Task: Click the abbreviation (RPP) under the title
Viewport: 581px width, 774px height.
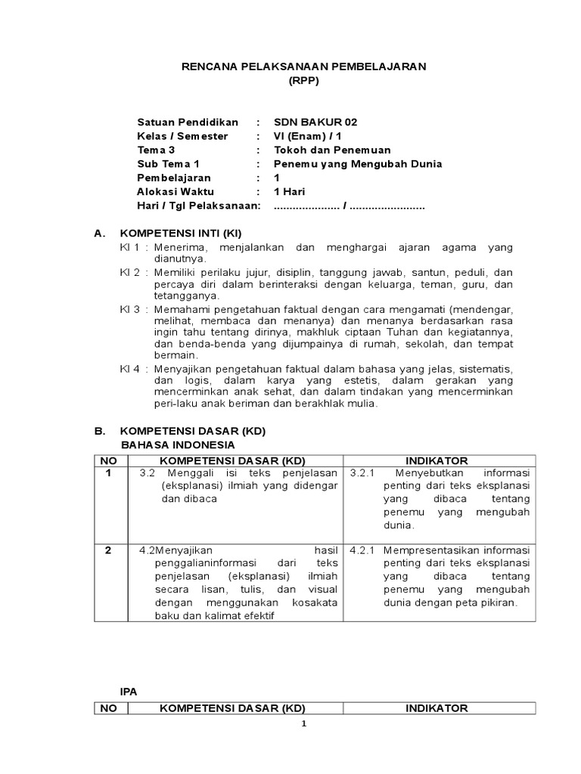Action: pyautogui.click(x=304, y=81)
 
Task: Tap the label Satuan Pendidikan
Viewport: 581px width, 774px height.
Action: pyautogui.click(x=188, y=122)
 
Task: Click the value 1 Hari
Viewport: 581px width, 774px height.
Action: pyautogui.click(x=289, y=191)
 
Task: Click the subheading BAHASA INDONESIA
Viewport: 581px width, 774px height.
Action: pyautogui.click(x=178, y=444)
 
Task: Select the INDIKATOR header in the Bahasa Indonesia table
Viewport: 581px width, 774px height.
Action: pyautogui.click(x=437, y=460)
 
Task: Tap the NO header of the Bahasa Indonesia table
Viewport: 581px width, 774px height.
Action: pyautogui.click(x=109, y=460)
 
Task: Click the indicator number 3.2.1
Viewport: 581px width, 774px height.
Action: pyautogui.click(x=364, y=474)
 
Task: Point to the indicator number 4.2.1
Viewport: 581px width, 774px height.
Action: pyautogui.click(x=364, y=550)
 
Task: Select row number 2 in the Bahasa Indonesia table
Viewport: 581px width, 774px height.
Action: pyautogui.click(x=109, y=550)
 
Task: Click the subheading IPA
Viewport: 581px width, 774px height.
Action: pyautogui.click(x=130, y=691)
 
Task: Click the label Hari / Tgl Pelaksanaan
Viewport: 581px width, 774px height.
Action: pyautogui.click(x=198, y=206)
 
